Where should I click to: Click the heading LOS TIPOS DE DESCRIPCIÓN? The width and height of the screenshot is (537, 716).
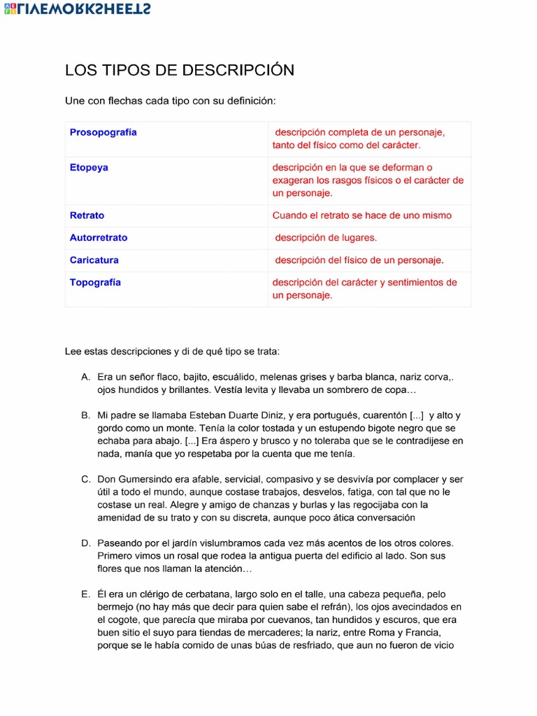point(180,70)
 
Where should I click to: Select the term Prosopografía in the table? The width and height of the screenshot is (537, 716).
point(103,132)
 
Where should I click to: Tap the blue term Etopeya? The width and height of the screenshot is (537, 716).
point(89,168)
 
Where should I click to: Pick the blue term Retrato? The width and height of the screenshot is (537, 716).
point(87,215)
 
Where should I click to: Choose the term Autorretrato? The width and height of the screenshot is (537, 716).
point(99,238)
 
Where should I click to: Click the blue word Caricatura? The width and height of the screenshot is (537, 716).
point(94,260)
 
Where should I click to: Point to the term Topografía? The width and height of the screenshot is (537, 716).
point(95,282)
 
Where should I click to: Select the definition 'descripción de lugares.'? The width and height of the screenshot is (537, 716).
point(325,238)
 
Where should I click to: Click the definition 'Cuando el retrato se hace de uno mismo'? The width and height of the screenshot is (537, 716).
point(361,215)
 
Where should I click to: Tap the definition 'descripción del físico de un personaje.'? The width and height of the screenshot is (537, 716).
point(359,260)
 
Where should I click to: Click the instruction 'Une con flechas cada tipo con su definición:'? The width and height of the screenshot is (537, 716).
point(171,101)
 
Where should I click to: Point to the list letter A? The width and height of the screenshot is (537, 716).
point(85,377)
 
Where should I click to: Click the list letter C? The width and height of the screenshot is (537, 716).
point(85,479)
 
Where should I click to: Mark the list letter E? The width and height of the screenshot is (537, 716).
point(85,594)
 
